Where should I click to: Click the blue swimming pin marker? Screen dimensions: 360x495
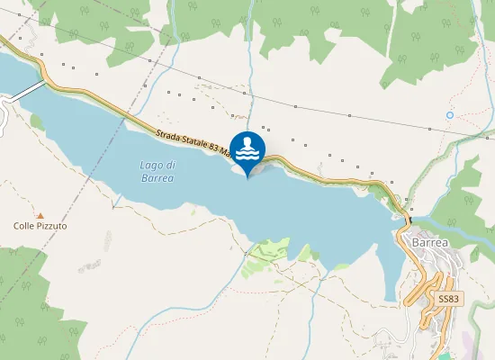248,150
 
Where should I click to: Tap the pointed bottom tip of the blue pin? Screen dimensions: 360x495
248,177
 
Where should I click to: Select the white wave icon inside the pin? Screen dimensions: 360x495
248,149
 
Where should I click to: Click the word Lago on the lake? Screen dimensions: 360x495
149,166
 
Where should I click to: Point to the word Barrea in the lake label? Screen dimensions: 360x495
157,178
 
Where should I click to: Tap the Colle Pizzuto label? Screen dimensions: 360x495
40,226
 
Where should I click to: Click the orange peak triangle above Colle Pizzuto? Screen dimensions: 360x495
40,213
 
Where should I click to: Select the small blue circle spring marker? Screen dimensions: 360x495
450,115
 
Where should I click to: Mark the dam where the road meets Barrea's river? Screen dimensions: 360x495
407,218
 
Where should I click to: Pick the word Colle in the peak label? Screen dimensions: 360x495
24,226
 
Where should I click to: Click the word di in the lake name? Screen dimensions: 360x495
170,166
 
